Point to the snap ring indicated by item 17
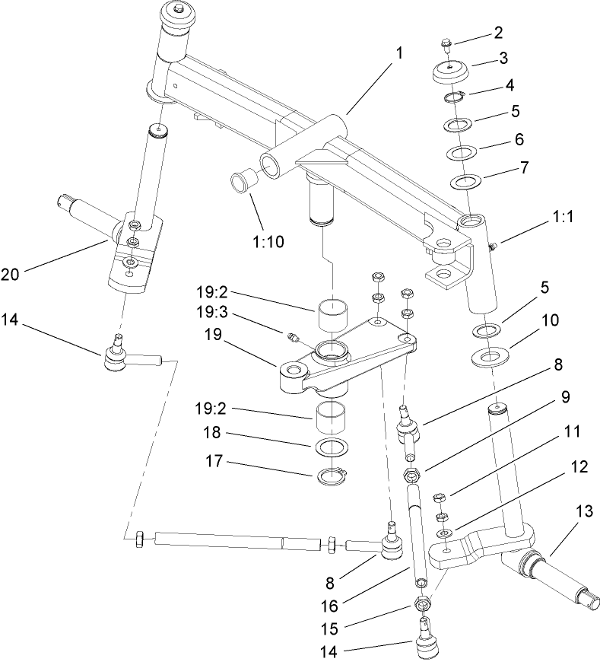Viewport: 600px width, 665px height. [x=332, y=477]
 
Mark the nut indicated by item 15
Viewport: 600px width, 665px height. [x=421, y=603]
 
